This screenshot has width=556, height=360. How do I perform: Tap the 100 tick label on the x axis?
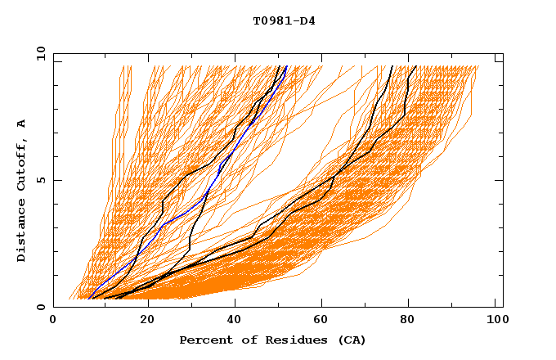(495, 321)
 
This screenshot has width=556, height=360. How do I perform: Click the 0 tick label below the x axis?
(53, 321)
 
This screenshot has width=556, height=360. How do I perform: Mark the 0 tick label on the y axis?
(41, 307)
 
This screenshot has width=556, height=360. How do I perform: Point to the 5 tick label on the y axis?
(41, 180)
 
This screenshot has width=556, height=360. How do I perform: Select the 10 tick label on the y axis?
(38, 53)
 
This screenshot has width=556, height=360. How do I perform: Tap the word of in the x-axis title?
(243, 340)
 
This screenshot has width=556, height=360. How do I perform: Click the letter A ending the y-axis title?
(21, 123)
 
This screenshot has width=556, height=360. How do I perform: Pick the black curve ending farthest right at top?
(405, 106)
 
